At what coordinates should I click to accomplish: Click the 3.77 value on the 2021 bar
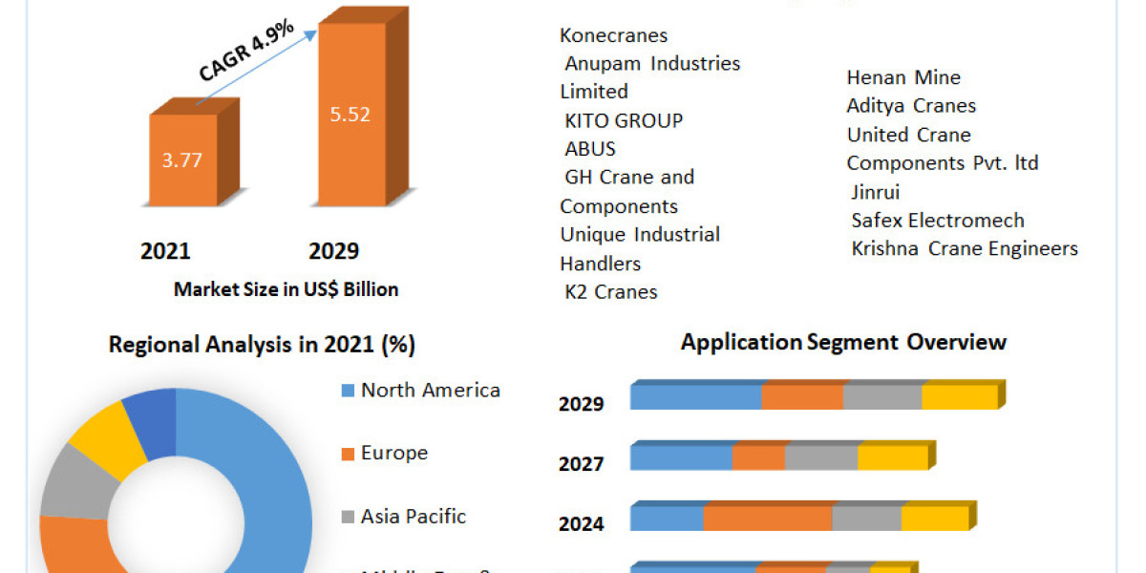(181, 159)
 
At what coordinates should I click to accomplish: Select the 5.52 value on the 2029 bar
(350, 115)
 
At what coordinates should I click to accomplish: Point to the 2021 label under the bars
(165, 251)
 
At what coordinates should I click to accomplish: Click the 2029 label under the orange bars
(333, 251)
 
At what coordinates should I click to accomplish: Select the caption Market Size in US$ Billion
(286, 288)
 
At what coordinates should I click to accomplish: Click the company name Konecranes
(614, 35)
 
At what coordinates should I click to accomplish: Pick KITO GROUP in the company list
(624, 120)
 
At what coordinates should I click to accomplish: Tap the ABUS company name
(590, 149)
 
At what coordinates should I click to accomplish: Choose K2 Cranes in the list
(611, 291)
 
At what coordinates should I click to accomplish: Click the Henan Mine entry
(903, 77)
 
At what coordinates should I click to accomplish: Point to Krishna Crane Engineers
(965, 249)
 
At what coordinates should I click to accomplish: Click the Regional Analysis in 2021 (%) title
(262, 345)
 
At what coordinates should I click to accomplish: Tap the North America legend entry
(430, 390)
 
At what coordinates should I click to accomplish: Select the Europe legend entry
(393, 453)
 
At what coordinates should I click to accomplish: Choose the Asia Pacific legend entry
(413, 516)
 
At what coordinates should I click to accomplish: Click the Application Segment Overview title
(843, 342)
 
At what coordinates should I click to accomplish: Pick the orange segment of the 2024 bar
(768, 518)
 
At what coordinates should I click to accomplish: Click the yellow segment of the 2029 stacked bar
(959, 396)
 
